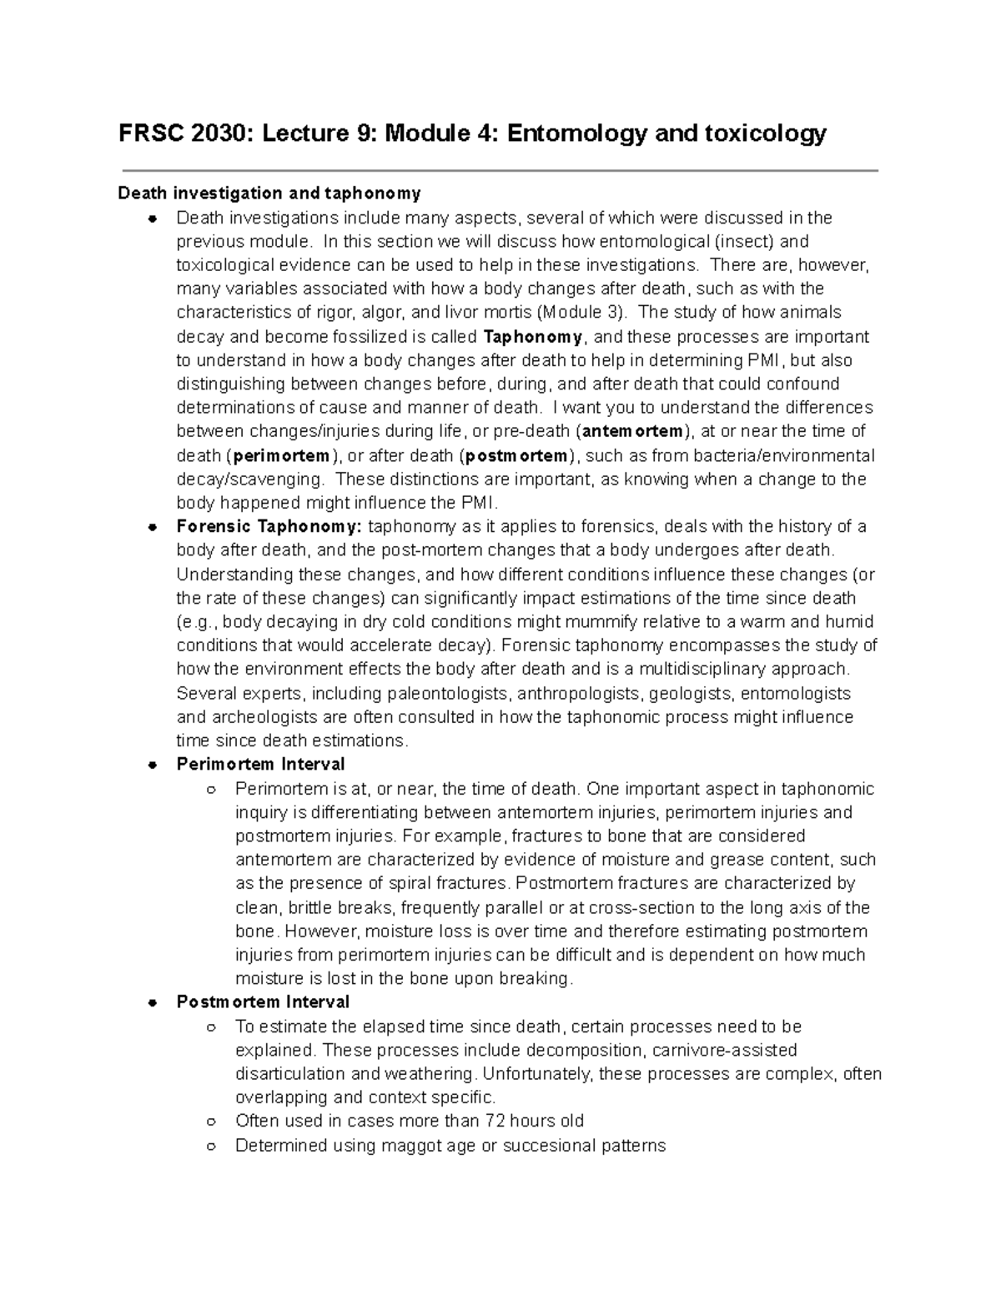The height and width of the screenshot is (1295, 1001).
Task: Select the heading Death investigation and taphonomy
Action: (269, 193)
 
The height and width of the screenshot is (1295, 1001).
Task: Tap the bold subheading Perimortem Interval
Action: (260, 765)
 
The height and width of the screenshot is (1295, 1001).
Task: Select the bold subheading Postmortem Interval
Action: (263, 1002)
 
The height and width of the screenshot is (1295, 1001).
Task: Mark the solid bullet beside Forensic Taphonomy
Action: (152, 528)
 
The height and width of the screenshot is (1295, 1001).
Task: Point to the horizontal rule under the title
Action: (500, 171)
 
